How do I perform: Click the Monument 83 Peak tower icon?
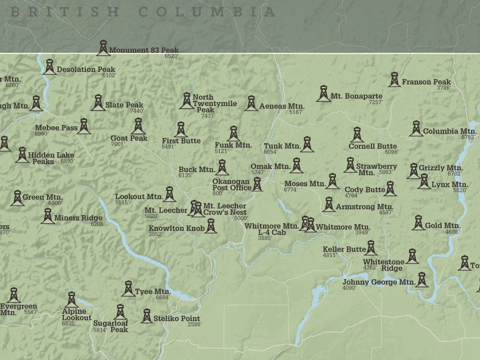tap(103, 48)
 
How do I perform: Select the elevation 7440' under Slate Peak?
tap(137, 111)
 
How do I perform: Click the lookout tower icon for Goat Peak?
tap(138, 127)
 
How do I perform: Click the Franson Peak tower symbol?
tap(394, 80)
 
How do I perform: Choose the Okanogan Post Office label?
tap(232, 185)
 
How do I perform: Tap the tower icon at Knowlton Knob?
tap(211, 226)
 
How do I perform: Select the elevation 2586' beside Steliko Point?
tap(194, 324)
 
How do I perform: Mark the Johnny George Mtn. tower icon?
tap(422, 280)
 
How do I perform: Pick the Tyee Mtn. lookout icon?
tap(128, 289)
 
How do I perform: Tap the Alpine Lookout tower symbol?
tap(72, 300)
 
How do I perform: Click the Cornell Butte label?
tap(372, 146)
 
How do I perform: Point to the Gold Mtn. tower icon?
tap(418, 223)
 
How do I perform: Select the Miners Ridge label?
tap(78, 218)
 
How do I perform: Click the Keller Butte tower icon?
tap(371, 248)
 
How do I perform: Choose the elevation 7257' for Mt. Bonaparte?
tap(375, 102)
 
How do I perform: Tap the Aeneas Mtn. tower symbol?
tap(251, 103)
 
